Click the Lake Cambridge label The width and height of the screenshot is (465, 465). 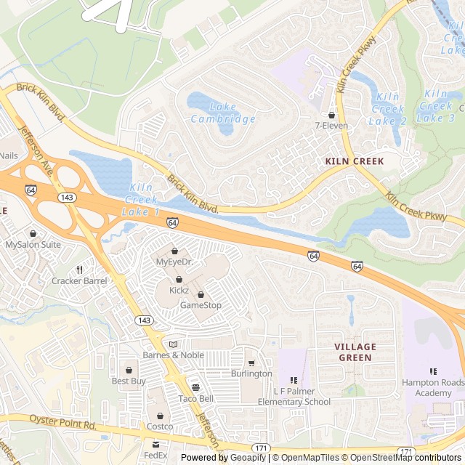coord(222,113)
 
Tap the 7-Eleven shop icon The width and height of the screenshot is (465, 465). coord(331,115)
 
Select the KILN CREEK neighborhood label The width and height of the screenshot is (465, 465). coord(354,161)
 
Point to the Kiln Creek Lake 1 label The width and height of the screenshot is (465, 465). coord(140,200)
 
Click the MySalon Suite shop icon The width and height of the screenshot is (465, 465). coord(33,234)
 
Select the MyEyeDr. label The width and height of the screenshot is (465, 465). coord(174,262)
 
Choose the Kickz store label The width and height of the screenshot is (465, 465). coord(179,290)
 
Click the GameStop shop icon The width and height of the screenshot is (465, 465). coord(201,295)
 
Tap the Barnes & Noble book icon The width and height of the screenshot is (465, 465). coord(173,344)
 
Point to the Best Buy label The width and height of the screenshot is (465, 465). coord(129,381)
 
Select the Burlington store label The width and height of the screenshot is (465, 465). coord(251,373)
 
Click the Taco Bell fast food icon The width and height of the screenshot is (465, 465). coord(195,388)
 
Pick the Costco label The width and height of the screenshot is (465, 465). coord(160,426)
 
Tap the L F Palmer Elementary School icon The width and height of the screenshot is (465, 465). coord(294,380)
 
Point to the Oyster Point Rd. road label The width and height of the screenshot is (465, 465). coord(62,422)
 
